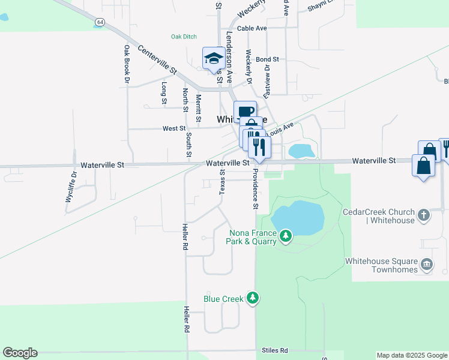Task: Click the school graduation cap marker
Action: click(x=213, y=58)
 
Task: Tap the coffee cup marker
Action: click(x=245, y=112)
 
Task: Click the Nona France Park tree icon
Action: click(x=286, y=235)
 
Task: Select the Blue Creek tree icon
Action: click(x=253, y=298)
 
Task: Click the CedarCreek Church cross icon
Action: click(x=424, y=214)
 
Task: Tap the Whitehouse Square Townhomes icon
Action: click(x=426, y=263)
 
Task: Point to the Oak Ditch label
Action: click(x=184, y=37)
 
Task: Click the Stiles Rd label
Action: click(x=275, y=350)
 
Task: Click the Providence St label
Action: click(x=255, y=188)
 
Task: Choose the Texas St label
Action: click(x=222, y=181)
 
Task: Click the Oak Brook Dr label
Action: click(x=127, y=63)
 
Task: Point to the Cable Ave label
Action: click(x=252, y=28)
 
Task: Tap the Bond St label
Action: click(x=267, y=59)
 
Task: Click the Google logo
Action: click(x=20, y=353)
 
